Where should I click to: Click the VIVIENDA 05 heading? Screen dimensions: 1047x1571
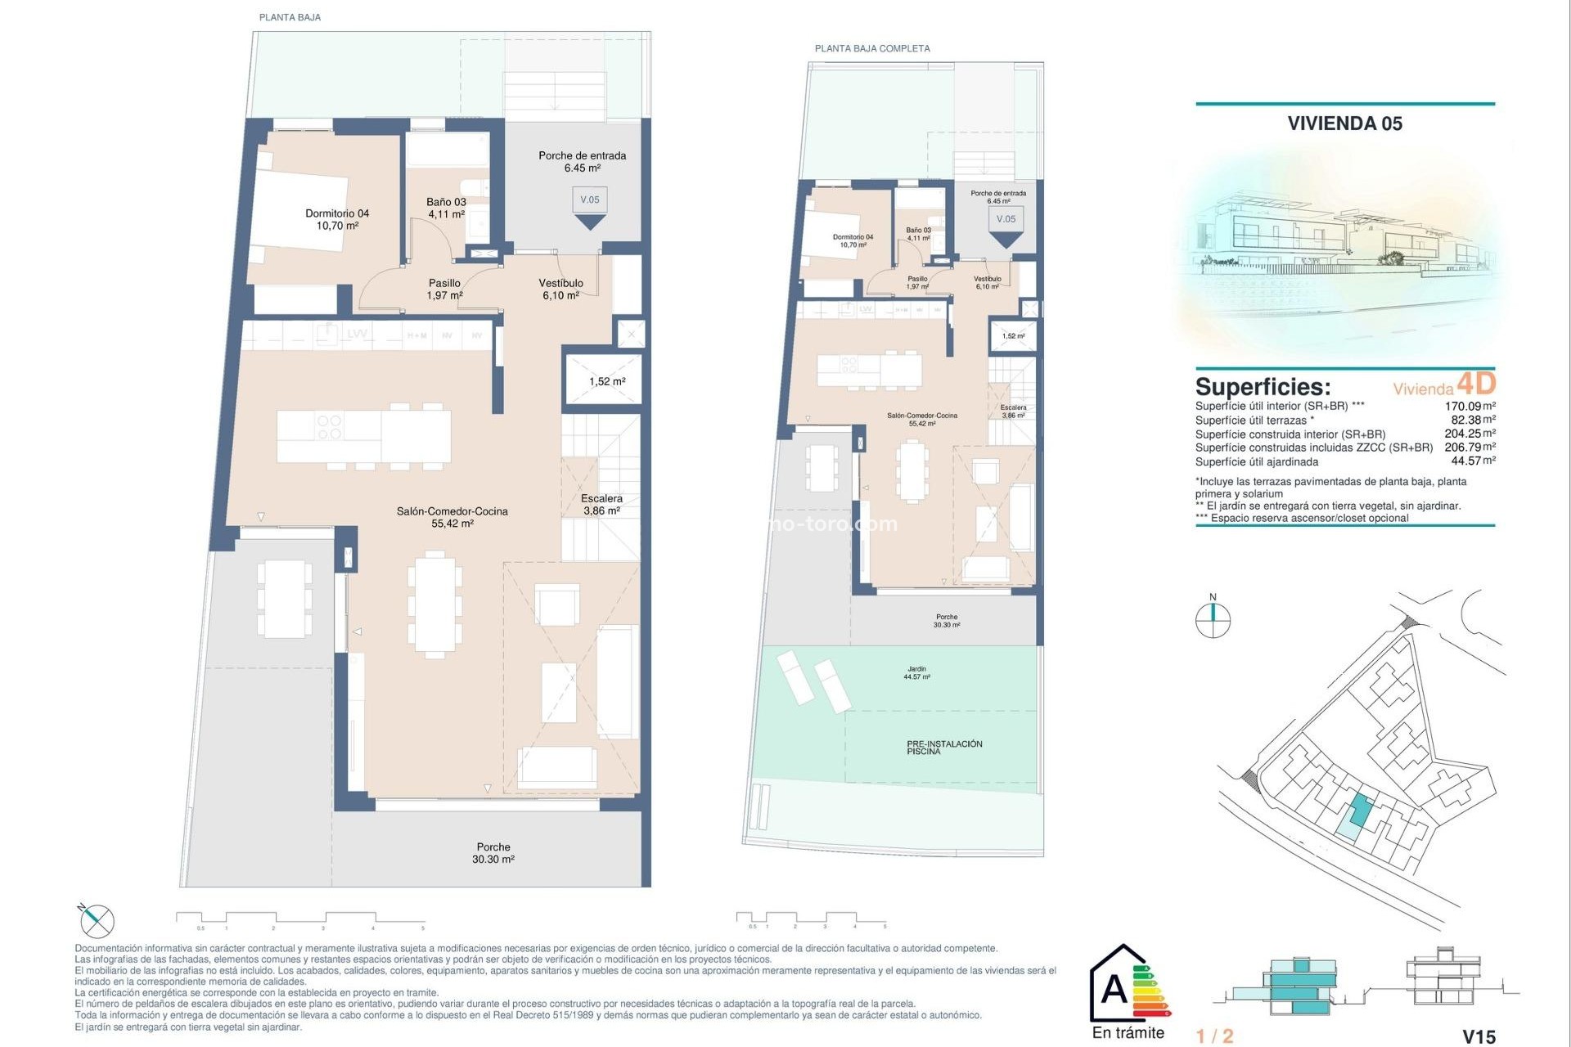pyautogui.click(x=1344, y=124)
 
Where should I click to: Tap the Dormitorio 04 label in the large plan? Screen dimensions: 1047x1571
pyautogui.click(x=337, y=219)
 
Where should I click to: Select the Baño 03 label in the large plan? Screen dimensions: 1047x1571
pyautogui.click(x=446, y=208)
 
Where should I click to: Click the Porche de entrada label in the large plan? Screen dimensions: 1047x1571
pyautogui.click(x=582, y=161)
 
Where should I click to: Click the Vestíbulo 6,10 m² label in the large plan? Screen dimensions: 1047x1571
pyautogui.click(x=560, y=289)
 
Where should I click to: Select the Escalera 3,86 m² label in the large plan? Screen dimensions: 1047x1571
pyautogui.click(x=601, y=504)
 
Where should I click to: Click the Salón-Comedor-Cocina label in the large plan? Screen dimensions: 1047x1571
pyautogui.click(x=452, y=517)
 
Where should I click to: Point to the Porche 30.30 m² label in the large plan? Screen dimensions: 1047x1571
pyautogui.click(x=493, y=853)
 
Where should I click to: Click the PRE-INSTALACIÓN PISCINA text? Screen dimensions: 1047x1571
pyautogui.click(x=943, y=747)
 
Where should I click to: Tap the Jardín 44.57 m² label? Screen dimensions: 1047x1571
pyautogui.click(x=916, y=672)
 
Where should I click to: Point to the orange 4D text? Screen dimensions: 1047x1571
pyautogui.click(x=1476, y=384)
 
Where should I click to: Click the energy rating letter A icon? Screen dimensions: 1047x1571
pyautogui.click(x=1114, y=990)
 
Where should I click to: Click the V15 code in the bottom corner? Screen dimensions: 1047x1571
pyautogui.click(x=1479, y=1036)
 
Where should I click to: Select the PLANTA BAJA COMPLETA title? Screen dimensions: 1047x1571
pyautogui.click(x=872, y=48)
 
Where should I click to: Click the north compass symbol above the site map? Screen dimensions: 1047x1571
pyautogui.click(x=1213, y=618)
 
